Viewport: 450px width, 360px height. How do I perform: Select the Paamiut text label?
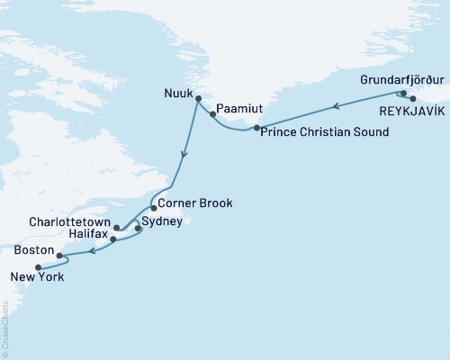pyautogui.click(x=237, y=114)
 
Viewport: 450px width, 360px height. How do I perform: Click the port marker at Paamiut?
pyautogui.click(x=212, y=114)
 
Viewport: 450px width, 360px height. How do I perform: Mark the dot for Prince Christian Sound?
pyautogui.click(x=257, y=130)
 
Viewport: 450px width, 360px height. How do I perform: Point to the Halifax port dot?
pyautogui.click(x=113, y=240)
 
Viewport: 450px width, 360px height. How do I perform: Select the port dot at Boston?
pyautogui.click(x=59, y=256)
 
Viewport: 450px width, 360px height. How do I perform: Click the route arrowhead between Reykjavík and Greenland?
pyautogui.click(x=336, y=107)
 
